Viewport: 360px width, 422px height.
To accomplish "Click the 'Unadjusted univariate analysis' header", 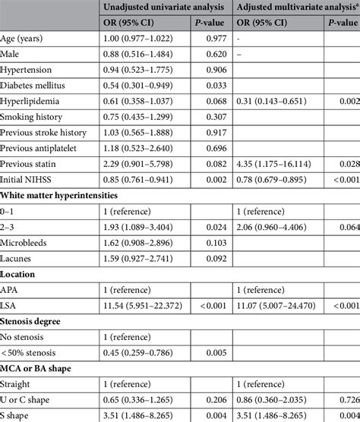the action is tap(166, 8).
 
